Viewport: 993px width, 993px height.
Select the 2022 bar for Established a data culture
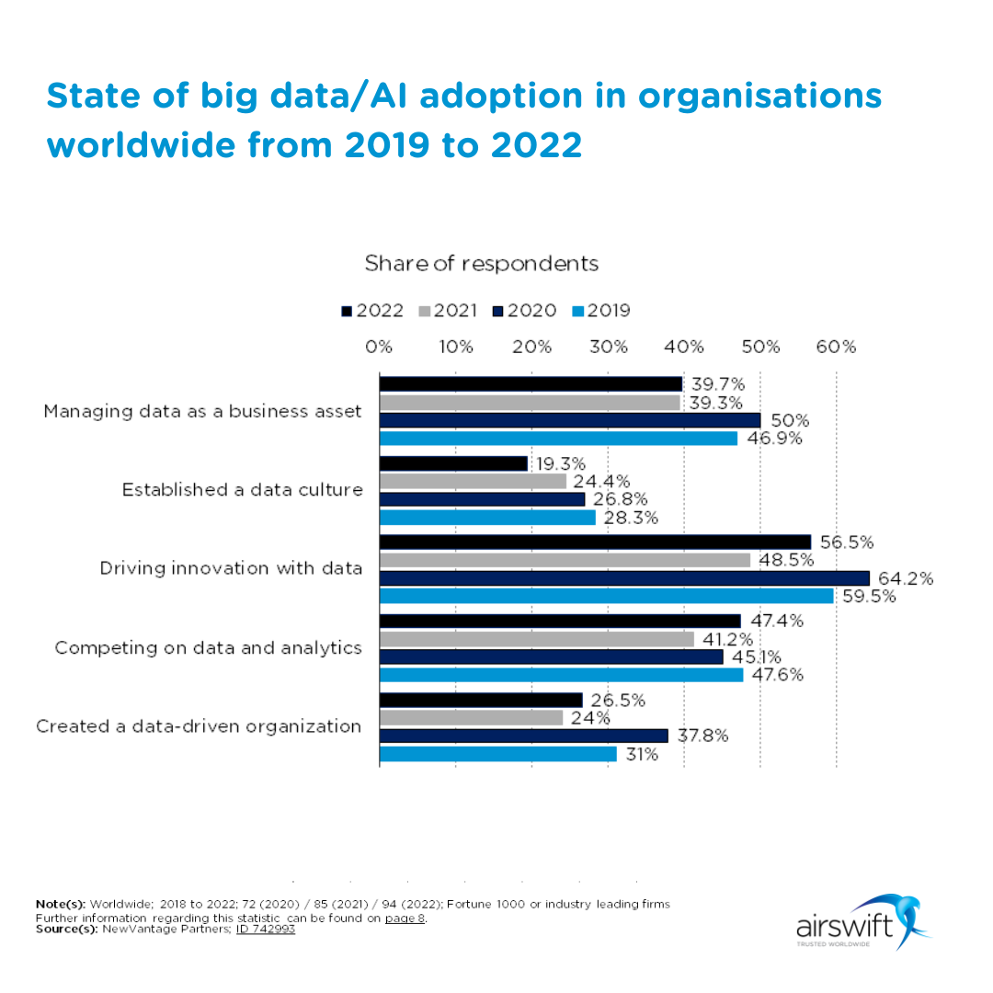click(x=453, y=463)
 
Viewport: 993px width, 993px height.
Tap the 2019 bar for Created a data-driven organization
click(x=497, y=754)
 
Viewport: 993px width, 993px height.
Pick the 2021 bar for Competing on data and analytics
click(x=536, y=639)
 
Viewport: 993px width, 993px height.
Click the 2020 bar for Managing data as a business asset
click(x=569, y=420)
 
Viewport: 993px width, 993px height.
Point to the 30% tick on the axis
click(x=609, y=348)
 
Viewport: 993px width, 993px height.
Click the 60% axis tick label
click(x=836, y=348)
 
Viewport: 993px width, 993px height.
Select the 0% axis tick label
click(x=379, y=348)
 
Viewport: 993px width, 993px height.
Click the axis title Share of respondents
click(x=481, y=264)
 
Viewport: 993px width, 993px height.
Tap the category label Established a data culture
click(x=242, y=490)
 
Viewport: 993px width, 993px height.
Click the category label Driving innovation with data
click(x=231, y=568)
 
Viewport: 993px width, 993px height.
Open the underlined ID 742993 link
click(x=266, y=929)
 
